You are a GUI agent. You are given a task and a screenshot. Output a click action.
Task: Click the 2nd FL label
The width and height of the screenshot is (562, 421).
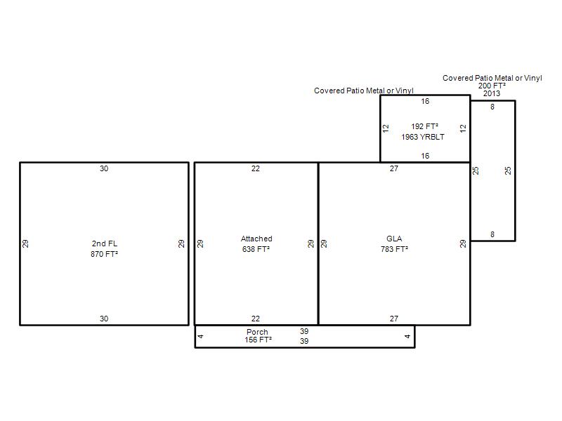pos(104,243)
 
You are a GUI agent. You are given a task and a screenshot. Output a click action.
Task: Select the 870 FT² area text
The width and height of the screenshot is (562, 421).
pos(104,254)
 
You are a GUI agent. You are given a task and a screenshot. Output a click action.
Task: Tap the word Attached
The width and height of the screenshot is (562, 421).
pos(256,239)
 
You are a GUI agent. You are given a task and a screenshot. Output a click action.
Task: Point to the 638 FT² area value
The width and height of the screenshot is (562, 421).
pos(256,249)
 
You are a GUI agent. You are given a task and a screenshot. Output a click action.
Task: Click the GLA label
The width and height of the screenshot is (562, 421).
pos(394,239)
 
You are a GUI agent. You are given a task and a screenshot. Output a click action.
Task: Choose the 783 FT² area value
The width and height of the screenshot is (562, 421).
pos(394,249)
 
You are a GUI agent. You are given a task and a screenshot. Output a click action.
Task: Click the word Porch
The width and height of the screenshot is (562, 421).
pos(257,332)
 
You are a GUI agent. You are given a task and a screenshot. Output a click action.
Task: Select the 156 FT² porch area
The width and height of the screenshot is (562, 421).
pos(258,340)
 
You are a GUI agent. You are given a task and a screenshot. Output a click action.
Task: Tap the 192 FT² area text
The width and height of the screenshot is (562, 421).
pos(425,126)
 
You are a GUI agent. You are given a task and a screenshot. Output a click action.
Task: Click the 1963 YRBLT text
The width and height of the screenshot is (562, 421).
pos(423,137)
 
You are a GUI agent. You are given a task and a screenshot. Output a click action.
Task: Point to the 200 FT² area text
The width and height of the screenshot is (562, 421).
pos(492,86)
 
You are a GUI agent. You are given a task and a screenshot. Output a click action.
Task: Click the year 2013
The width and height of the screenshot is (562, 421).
pos(492,93)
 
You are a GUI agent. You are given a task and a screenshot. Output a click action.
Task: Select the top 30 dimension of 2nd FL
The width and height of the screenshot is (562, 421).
pos(104,168)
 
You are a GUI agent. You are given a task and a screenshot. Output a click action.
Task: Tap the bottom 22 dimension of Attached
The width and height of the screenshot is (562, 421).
pos(256,319)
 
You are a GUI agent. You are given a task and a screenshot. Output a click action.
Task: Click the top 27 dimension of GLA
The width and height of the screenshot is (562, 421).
pos(394,168)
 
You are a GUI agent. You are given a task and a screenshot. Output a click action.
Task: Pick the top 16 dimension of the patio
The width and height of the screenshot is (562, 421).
pos(425,101)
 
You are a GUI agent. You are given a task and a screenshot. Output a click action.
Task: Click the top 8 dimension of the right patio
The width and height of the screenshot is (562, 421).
pos(492,107)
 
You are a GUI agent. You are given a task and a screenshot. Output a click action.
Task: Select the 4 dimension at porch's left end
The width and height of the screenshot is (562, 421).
pos(200,336)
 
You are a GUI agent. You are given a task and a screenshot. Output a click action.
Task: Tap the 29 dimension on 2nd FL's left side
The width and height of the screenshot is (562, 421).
pos(25,243)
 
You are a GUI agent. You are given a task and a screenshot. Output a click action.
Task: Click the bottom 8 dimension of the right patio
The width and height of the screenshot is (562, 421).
pos(492,234)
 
